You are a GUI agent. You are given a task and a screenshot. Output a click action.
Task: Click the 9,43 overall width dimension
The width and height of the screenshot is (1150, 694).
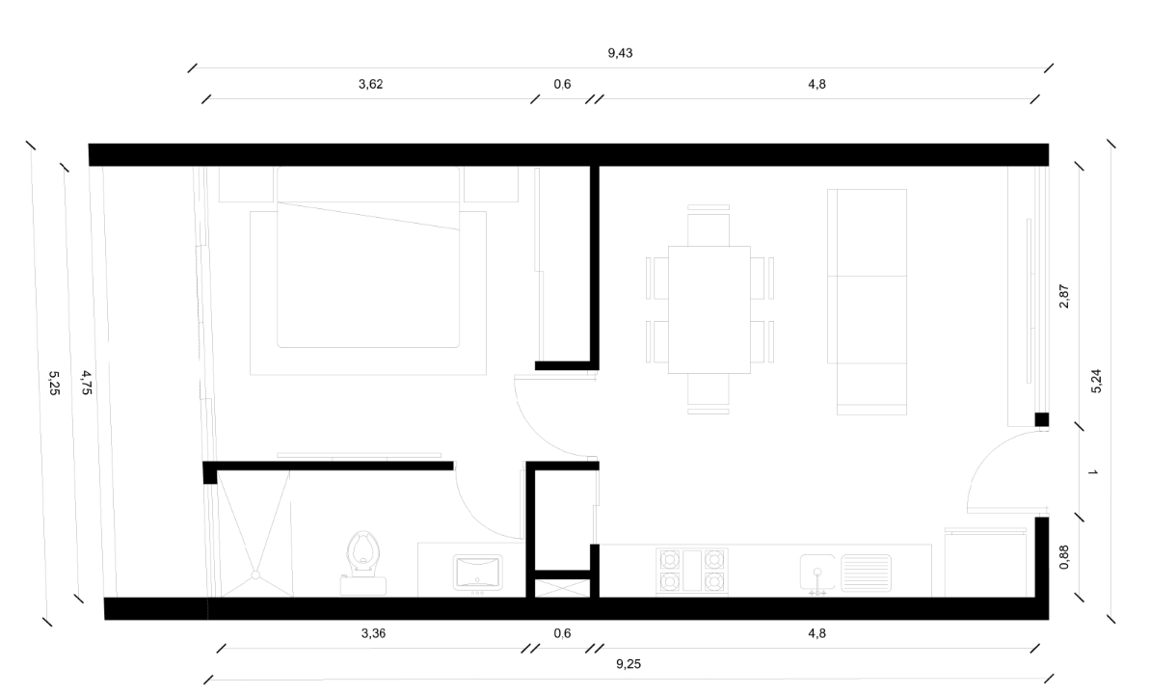pyautogui.click(x=620, y=53)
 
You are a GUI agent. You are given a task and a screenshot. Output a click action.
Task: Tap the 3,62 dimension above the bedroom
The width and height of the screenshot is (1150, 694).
pyautogui.click(x=371, y=84)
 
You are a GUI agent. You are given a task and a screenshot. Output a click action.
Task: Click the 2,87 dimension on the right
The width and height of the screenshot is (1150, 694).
pyautogui.click(x=1064, y=295)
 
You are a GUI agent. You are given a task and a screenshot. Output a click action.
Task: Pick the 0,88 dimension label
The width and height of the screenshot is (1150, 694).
pyautogui.click(x=1064, y=558)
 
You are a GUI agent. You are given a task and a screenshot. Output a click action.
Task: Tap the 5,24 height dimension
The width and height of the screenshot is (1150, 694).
pyautogui.click(x=1096, y=383)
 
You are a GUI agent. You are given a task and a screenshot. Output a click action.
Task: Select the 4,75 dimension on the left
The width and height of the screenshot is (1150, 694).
pyautogui.click(x=86, y=383)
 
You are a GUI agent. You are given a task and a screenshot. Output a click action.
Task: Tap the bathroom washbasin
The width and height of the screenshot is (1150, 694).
pyautogui.click(x=476, y=571)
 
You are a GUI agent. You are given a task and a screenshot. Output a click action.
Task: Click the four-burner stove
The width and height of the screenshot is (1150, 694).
pyautogui.click(x=690, y=569)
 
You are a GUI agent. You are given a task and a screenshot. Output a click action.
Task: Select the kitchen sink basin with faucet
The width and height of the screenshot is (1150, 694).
pyautogui.click(x=817, y=572)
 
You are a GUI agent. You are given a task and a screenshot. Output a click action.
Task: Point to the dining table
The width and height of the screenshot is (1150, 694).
pyautogui.click(x=709, y=308)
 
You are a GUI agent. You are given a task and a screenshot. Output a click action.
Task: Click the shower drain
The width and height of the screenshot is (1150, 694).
pyautogui.click(x=255, y=575)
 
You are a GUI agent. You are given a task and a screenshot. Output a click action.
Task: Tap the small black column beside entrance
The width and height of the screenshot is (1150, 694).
pyautogui.click(x=1041, y=419)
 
